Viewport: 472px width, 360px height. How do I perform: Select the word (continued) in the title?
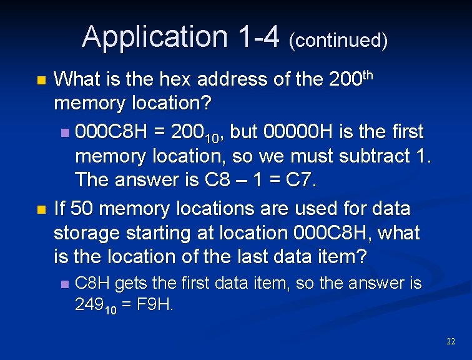tap(338, 41)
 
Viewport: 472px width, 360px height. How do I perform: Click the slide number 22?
tap(451, 341)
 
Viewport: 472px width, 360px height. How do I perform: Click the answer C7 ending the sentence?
tap(303, 181)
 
